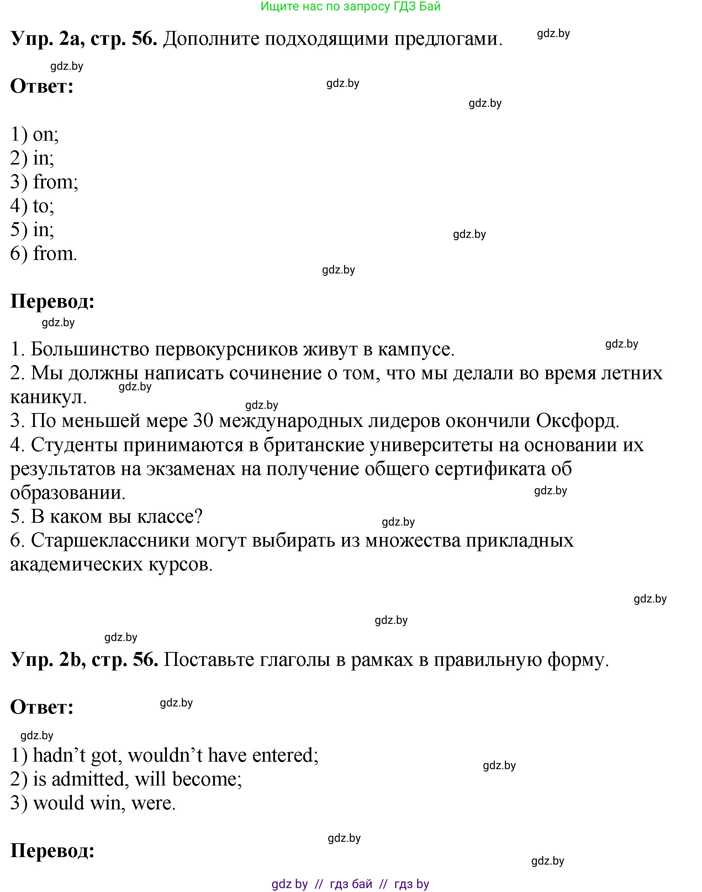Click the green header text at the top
coord(350,6)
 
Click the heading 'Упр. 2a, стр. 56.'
coord(84,39)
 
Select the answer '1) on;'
coord(35,135)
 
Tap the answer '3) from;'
coord(44,182)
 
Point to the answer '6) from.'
coord(43,254)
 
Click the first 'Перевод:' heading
coord(53,302)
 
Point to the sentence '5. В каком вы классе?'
coord(106,517)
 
